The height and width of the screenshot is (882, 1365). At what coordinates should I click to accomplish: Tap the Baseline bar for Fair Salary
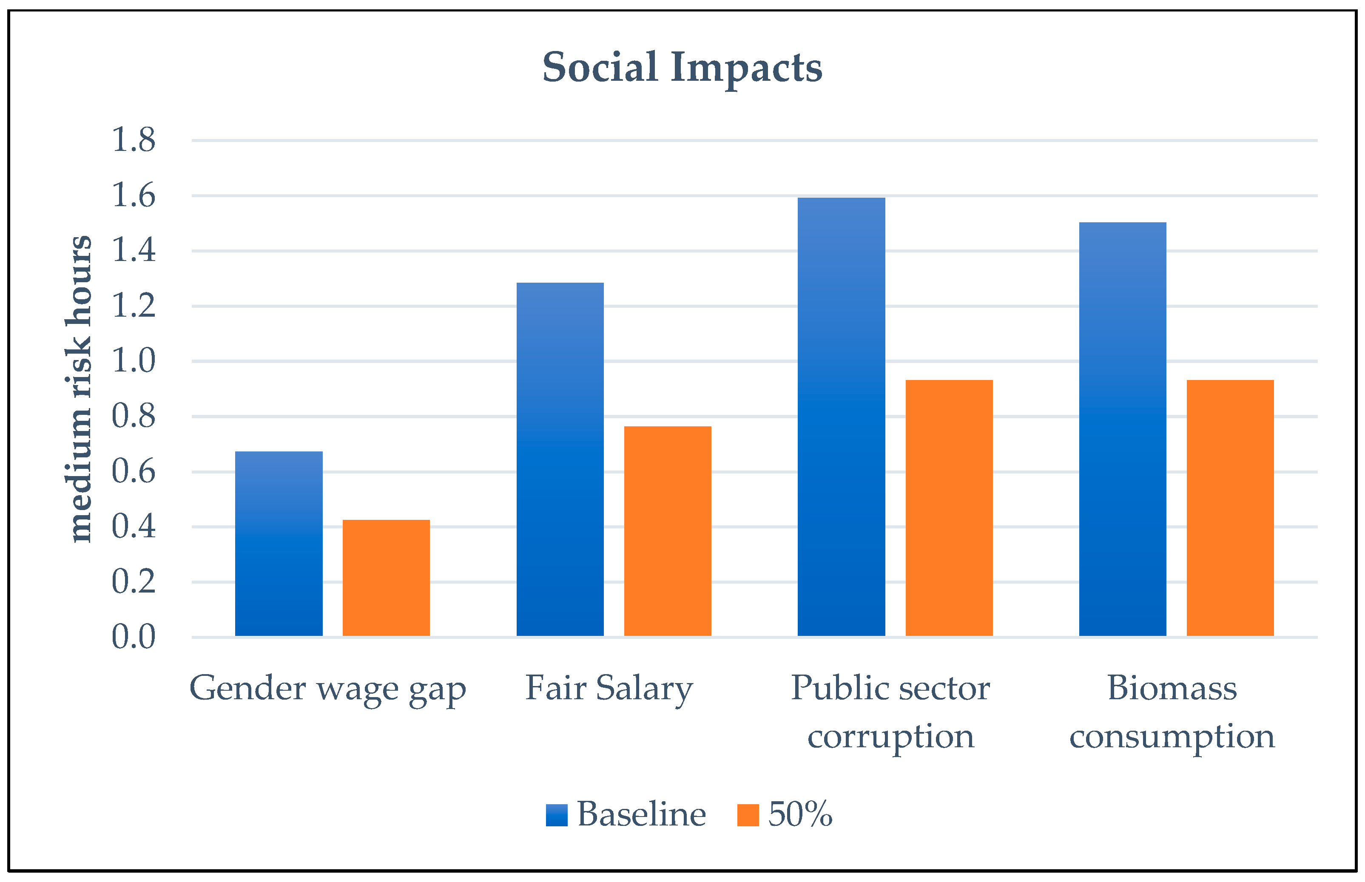tap(560, 458)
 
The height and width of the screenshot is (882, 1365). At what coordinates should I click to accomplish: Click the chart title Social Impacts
tap(682, 68)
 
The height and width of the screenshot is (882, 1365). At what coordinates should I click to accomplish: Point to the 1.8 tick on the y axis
tap(133, 140)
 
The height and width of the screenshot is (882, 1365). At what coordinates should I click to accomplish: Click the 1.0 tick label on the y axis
tap(133, 361)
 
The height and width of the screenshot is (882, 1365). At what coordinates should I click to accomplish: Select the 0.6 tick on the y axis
tap(133, 471)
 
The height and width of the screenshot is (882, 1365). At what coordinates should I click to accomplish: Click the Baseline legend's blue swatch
tap(556, 815)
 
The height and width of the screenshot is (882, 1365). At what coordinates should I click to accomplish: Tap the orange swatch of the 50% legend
tap(748, 815)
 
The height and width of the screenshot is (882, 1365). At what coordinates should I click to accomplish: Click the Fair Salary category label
tap(609, 689)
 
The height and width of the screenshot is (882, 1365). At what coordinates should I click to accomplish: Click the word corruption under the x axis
tap(891, 737)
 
